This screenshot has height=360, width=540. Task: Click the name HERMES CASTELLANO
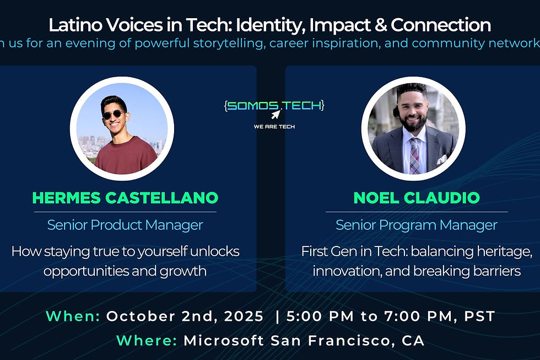click(125, 197)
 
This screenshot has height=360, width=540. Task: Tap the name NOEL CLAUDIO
click(417, 197)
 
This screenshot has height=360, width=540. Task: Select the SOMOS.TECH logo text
click(274, 105)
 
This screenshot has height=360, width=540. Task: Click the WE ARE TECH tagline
click(274, 127)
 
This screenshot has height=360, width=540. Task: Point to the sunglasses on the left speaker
click(114, 115)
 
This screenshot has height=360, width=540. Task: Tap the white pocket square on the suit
click(441, 159)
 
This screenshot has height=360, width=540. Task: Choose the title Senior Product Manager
click(125, 225)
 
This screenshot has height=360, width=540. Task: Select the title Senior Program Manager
click(417, 225)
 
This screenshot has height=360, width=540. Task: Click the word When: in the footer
click(73, 316)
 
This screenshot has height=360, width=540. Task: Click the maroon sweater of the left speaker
click(126, 157)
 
